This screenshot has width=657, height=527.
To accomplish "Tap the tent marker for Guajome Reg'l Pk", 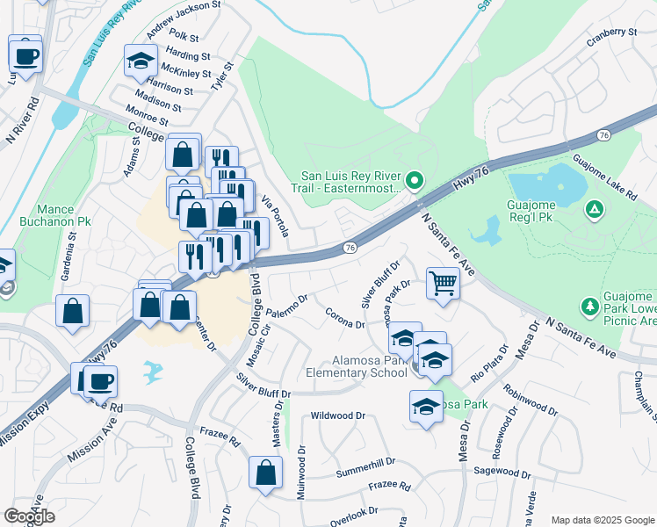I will coord(595,209).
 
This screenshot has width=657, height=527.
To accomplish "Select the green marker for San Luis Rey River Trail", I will coord(417,182).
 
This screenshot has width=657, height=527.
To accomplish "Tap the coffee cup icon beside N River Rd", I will coord(25,54).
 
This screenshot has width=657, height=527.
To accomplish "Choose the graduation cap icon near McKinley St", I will coord(140,61).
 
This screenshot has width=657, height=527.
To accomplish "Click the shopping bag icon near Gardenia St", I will coord(72,309).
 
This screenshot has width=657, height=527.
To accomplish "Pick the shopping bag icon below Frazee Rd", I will coord(264,473).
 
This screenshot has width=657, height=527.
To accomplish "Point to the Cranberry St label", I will coord(614,33).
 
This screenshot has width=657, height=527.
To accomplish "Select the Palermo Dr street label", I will coord(285,305).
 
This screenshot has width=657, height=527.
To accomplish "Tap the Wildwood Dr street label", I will coord(337,415).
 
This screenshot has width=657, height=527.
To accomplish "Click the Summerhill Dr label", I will coord(365,462).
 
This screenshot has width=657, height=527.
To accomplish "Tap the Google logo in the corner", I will coord(29,516).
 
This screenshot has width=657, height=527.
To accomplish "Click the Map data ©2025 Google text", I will coord(602,520).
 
